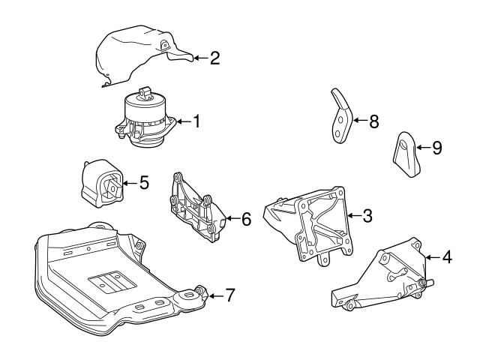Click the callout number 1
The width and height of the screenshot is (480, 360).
(197, 120)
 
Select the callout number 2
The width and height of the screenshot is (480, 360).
(214, 57)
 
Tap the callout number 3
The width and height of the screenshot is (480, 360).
(367, 216)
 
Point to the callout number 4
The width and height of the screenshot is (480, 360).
(447, 257)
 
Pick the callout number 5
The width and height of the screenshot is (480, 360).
(144, 181)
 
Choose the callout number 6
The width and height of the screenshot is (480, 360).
(246, 219)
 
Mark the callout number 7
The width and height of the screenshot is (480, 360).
(229, 295)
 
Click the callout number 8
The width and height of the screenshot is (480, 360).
(373, 119)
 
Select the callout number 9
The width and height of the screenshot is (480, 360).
(436, 148)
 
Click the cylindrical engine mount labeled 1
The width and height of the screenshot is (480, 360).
(145, 120)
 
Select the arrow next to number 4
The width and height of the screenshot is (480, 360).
(430, 258)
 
